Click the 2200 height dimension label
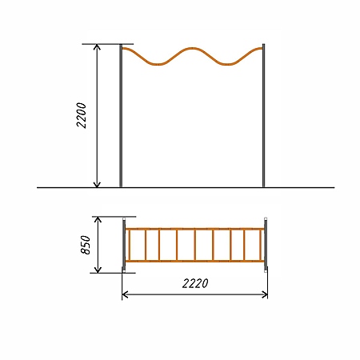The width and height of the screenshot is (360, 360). click(82, 115)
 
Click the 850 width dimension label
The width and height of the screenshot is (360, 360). click(86, 245)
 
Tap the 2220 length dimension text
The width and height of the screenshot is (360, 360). click(195, 283)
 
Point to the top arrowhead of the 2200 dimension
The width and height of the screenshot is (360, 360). click(97, 47)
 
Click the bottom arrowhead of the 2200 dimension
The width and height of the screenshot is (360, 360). click(97, 184)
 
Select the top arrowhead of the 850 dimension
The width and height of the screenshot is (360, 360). click(98, 220)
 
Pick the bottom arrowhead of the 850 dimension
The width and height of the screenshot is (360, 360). click(98, 270)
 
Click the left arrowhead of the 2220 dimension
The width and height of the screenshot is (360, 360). click(125, 295)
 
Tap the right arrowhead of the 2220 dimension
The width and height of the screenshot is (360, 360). click(264, 295)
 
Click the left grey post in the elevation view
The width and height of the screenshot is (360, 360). click(121, 116)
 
